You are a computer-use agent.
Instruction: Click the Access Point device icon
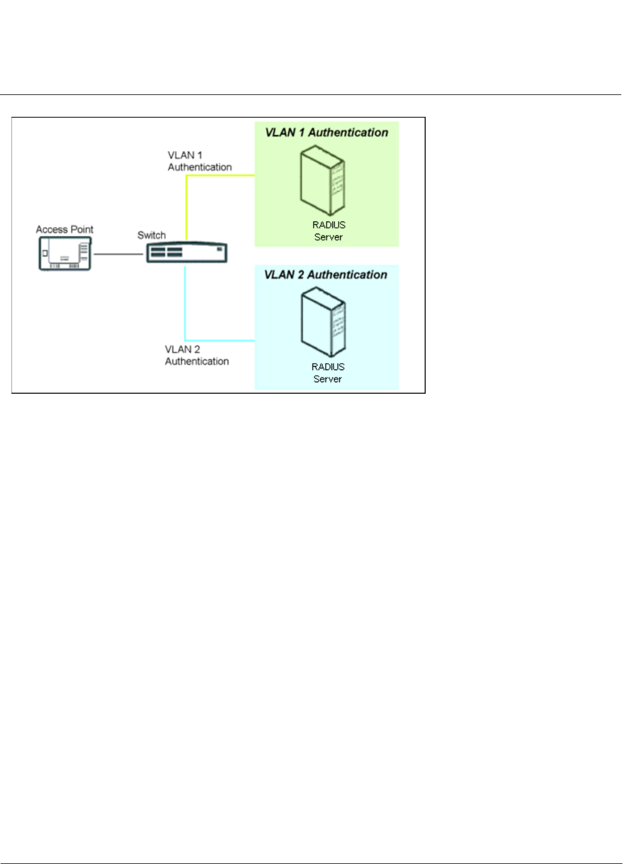65,253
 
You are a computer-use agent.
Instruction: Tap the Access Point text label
64,230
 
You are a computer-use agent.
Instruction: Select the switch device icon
186,253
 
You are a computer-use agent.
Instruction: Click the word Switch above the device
151,235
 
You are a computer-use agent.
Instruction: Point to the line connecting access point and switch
118,254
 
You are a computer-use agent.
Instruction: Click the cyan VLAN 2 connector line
185,305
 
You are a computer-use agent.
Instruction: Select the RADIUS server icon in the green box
322,180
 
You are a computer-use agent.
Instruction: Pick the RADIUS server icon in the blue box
323,322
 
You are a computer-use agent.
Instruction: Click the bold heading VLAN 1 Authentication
326,133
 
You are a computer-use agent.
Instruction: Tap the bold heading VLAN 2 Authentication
326,275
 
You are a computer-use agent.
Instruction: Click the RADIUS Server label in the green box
328,231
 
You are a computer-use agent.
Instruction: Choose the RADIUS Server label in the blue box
328,373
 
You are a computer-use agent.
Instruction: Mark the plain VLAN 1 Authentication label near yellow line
199,161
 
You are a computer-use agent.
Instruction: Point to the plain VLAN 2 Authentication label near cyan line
197,355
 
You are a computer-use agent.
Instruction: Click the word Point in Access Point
82,230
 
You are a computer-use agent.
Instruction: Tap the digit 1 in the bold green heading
301,133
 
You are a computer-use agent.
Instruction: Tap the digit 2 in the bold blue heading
301,275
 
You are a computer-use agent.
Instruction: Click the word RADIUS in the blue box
328,367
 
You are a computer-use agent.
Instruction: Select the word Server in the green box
328,237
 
